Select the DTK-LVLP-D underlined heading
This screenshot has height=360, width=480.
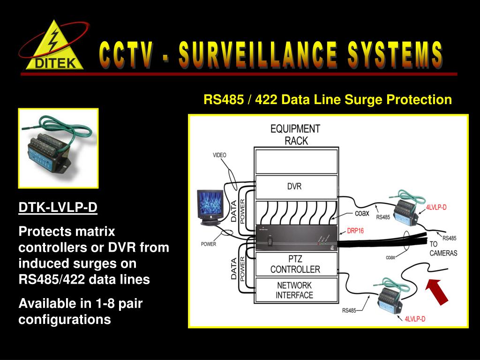(x=58, y=207)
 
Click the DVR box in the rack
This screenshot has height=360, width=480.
(x=295, y=186)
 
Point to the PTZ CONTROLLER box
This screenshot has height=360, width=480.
(x=295, y=264)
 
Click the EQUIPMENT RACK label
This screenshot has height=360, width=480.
(x=295, y=134)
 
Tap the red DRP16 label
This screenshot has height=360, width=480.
(x=356, y=230)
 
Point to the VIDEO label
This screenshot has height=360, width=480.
(x=219, y=155)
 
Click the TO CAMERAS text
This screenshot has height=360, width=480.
(x=442, y=248)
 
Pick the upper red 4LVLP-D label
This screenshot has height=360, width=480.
(x=436, y=208)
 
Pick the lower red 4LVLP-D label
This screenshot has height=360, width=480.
(x=415, y=319)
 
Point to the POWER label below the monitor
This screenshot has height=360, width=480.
(x=208, y=244)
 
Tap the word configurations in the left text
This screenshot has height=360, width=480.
(x=65, y=320)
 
